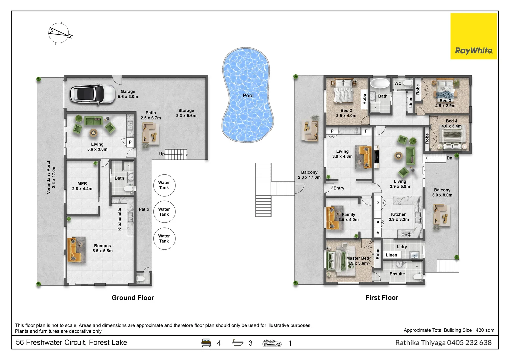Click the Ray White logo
(473, 36)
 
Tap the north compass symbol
(59, 33)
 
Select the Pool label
(248, 96)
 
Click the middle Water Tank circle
(164, 212)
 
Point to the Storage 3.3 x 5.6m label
(186, 113)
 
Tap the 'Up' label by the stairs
(162, 154)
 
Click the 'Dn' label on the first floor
(449, 158)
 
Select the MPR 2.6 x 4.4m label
(82, 186)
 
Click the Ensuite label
(397, 274)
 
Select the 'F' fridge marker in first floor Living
(366, 131)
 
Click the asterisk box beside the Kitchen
(378, 233)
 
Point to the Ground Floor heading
(133, 298)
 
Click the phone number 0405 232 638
(469, 343)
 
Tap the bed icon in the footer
(206, 343)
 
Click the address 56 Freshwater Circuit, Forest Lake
(71, 342)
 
